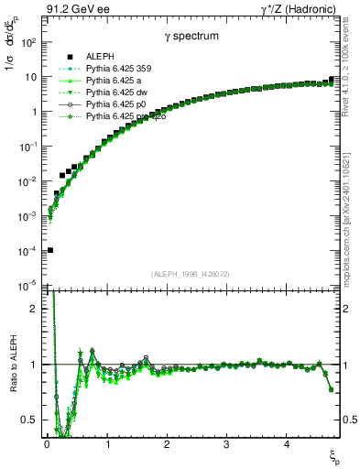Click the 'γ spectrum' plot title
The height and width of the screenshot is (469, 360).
coord(190,38)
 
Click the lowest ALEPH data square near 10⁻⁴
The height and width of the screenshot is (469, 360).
coord(50,250)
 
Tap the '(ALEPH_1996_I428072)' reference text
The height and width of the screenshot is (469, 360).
coord(190,274)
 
